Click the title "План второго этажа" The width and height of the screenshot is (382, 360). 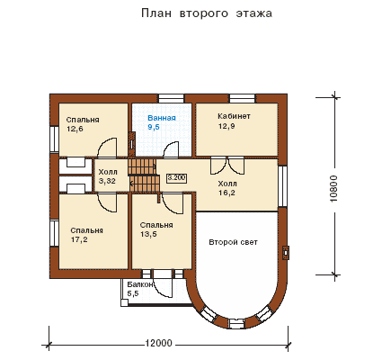(x=207, y=13)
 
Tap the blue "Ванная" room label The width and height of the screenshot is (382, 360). (x=162, y=118)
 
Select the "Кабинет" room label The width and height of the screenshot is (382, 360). (x=234, y=116)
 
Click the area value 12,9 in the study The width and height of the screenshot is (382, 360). (x=227, y=126)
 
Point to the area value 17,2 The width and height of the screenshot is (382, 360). (x=79, y=239)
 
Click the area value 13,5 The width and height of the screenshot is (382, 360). (x=148, y=234)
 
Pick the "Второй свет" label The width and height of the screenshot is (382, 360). (x=233, y=242)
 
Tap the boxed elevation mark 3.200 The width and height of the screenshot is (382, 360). (x=176, y=178)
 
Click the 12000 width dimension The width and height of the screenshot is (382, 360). (x=159, y=343)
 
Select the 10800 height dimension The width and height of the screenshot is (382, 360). (x=333, y=189)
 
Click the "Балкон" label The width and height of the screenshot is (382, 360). (x=140, y=284)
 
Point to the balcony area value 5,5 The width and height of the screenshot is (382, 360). (x=133, y=293)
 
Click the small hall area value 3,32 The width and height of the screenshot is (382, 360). (x=107, y=181)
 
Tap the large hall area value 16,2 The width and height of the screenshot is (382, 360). (x=227, y=193)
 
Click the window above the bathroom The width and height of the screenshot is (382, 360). (x=171, y=99)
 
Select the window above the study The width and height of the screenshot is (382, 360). (x=243, y=99)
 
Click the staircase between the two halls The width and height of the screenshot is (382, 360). (x=143, y=175)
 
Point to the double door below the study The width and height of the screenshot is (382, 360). (x=227, y=165)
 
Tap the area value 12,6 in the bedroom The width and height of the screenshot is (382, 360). (x=75, y=130)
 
